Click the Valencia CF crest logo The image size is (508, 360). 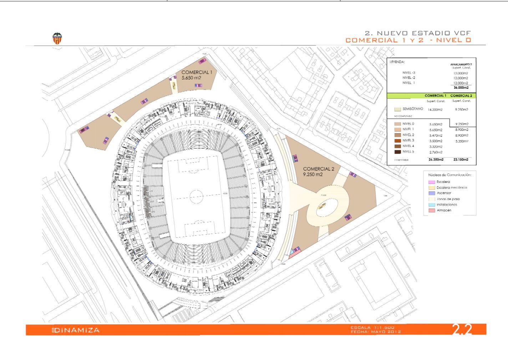point(57,39)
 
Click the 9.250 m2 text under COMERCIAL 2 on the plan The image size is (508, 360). point(313,175)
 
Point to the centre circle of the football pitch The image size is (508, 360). point(197,196)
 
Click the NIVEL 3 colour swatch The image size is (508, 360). point(398,141)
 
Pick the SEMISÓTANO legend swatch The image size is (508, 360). point(398,109)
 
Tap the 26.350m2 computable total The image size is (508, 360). point(436,160)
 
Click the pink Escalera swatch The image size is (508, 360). point(432,182)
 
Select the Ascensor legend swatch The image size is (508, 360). point(432,193)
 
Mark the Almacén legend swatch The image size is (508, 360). point(432,211)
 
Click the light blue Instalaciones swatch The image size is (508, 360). point(432,205)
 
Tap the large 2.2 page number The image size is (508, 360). point(462,330)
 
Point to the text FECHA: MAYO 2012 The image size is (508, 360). point(376,332)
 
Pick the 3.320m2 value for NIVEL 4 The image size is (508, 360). point(436,146)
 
